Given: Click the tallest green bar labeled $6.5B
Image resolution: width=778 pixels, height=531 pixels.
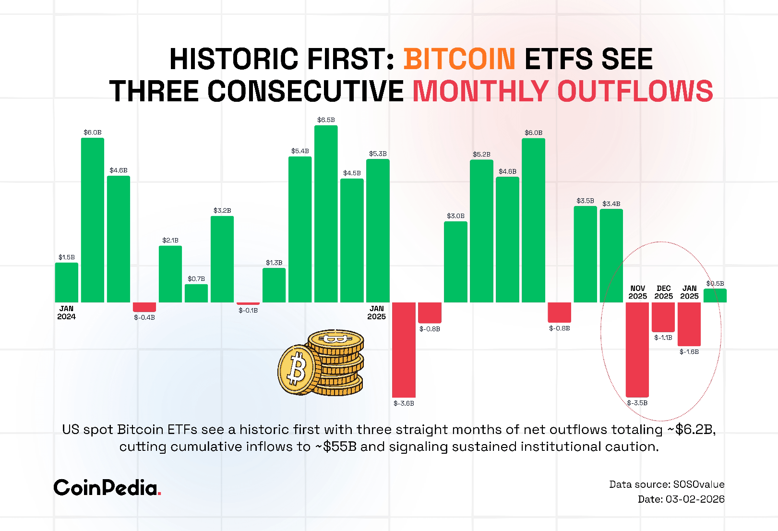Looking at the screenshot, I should tap(326, 214).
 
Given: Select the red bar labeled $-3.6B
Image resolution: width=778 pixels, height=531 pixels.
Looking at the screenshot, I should tap(404, 350).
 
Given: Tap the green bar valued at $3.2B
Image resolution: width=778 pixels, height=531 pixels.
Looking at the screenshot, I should tap(222, 259).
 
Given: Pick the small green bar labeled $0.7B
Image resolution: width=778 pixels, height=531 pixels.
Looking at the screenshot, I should tap(196, 293).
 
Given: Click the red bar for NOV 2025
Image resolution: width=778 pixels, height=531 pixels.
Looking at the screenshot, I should tap(637, 350).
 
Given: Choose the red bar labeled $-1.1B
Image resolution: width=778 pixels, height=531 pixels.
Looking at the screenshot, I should tap(663, 317).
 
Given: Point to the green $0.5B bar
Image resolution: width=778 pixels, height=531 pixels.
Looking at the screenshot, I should tap(715, 295).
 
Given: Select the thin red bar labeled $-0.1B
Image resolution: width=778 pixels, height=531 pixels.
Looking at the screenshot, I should tap(248, 303).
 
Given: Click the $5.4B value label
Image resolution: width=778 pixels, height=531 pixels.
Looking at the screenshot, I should tap(300, 151).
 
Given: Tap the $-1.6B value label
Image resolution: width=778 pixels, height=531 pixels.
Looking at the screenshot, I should tap(689, 352).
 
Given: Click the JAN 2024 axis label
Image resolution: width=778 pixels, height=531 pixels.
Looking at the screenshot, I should tap(66, 313).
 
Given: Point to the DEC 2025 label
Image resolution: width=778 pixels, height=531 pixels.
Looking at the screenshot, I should tap(664, 292).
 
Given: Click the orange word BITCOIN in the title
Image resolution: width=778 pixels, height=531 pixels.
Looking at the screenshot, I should tap(459, 59).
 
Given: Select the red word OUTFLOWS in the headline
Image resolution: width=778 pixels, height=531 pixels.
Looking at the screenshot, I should tap(635, 91).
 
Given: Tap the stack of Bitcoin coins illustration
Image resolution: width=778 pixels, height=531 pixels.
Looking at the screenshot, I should tap(321, 362).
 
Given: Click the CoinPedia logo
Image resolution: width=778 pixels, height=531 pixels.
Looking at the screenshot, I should tap(107, 488).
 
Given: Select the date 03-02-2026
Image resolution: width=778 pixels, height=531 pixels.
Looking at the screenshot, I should tap(695, 499).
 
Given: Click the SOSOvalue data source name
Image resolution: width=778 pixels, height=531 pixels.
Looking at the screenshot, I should tap(699, 484).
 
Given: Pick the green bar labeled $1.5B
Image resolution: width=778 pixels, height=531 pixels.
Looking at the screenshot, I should tap(67, 282).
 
